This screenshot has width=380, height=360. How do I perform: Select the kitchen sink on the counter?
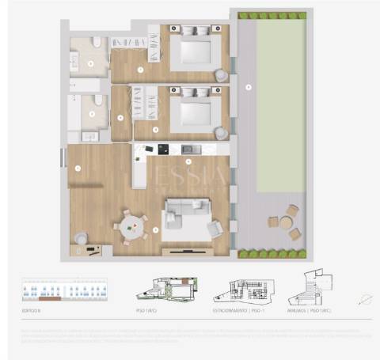pos(188,149)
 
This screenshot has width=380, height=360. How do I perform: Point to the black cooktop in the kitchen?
pos(163,149)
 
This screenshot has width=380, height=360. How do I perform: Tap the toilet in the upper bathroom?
pos(96,43)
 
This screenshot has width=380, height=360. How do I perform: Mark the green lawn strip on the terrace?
pos(281,103)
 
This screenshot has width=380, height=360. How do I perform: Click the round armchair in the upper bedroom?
pos(221,75)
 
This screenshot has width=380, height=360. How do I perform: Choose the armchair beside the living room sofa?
pos(215,229)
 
